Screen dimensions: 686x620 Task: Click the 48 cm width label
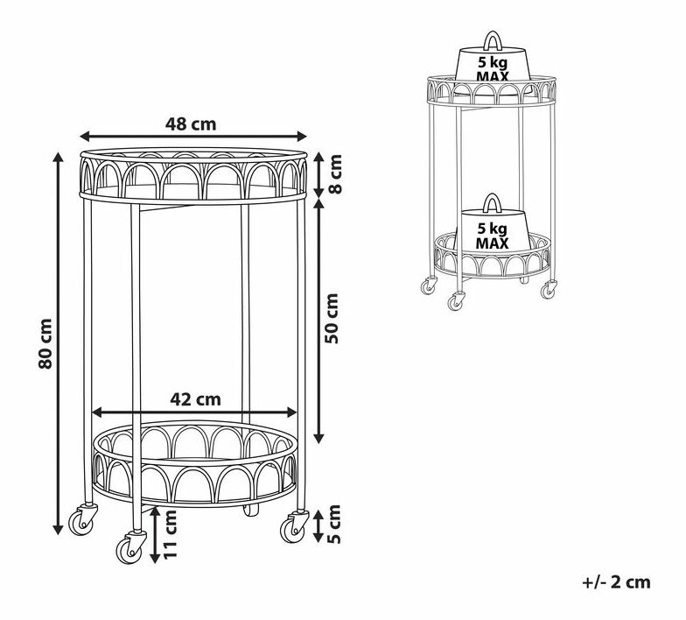tap(191, 124)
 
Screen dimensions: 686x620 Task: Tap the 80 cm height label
tap(45, 343)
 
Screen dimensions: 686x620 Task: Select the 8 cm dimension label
tap(334, 173)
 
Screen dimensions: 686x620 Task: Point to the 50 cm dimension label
tap(332, 319)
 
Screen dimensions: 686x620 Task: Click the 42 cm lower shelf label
tap(196, 399)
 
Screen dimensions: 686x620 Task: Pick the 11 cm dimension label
tap(170, 534)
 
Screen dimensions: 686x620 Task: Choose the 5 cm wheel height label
tap(334, 524)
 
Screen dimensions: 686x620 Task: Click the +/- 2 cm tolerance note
tap(616, 581)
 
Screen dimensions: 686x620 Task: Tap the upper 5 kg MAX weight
tap(493, 64)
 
